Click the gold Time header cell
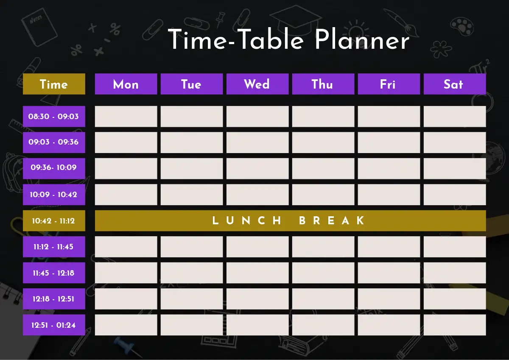(54, 84)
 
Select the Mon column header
(126, 84)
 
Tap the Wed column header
(257, 84)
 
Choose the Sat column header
(455, 84)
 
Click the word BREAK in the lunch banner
(332, 220)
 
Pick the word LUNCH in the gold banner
(247, 220)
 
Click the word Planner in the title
(362, 40)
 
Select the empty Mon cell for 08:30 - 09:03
(126, 116)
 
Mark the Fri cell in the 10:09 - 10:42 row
(389, 195)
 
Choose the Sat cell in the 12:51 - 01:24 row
(455, 325)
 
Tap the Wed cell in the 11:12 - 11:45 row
(257, 247)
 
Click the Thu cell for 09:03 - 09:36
(323, 142)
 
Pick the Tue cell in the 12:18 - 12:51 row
(192, 299)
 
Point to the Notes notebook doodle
(39, 27)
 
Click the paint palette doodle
(462, 26)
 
